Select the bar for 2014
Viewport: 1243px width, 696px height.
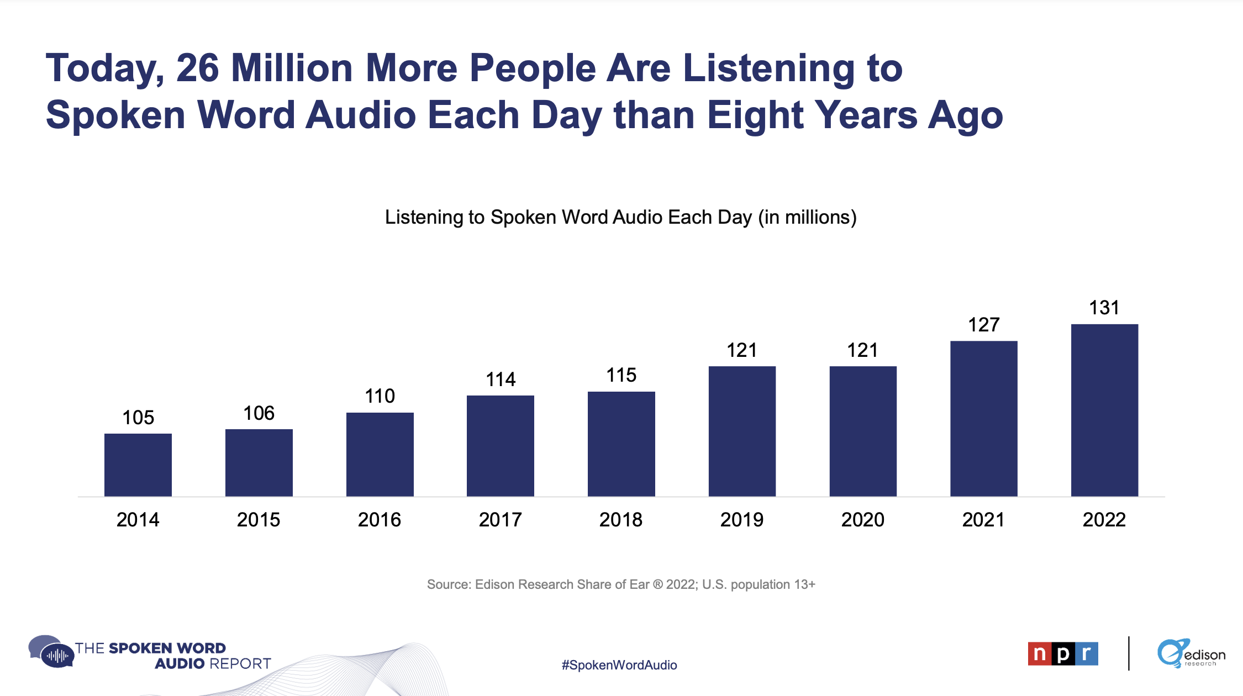(x=138, y=465)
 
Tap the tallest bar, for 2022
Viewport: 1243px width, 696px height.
(x=1104, y=410)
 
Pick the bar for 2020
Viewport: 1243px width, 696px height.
(x=863, y=431)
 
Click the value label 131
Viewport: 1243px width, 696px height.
(x=1104, y=308)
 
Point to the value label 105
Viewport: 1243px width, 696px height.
(x=138, y=418)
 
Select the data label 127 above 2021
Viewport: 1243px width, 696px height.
(x=983, y=325)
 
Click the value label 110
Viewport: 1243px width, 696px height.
(x=380, y=396)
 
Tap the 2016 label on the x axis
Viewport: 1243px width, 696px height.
(x=380, y=520)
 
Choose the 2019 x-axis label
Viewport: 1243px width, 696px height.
(x=742, y=520)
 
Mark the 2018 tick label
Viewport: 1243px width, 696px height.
(x=621, y=520)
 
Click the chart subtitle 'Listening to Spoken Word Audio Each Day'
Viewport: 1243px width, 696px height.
(x=620, y=217)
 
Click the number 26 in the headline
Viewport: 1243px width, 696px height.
(x=197, y=68)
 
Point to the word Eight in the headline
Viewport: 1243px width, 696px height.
(x=755, y=115)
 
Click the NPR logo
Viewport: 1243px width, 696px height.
(x=1062, y=654)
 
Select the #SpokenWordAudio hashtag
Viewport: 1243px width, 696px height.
(x=619, y=665)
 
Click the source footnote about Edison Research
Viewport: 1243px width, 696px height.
(x=621, y=584)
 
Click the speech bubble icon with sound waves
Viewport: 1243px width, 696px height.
(x=52, y=652)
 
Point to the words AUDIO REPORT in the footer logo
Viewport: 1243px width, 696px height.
(x=213, y=663)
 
